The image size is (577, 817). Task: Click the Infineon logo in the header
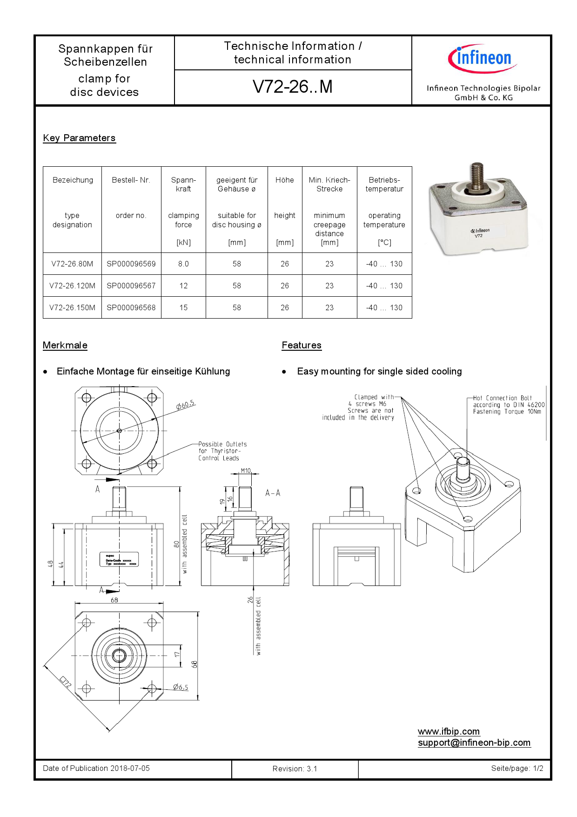pyautogui.click(x=483, y=59)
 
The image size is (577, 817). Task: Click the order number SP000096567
pyautogui.click(x=131, y=286)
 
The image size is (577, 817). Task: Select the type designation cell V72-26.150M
pyautogui.click(x=72, y=307)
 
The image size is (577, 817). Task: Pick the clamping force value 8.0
pyautogui.click(x=183, y=264)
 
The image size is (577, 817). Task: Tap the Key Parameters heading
pyautogui.click(x=79, y=138)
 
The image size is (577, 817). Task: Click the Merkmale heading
pyautogui.click(x=65, y=345)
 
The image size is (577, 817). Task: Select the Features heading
pyautogui.click(x=302, y=345)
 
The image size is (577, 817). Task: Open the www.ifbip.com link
pyautogui.click(x=449, y=731)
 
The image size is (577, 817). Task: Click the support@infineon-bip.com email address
pyautogui.click(x=474, y=742)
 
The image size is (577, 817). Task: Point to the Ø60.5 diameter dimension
pyautogui.click(x=185, y=405)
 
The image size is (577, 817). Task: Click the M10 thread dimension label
pyautogui.click(x=246, y=470)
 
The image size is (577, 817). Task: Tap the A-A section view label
pyautogui.click(x=273, y=493)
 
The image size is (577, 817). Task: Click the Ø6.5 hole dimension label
pyautogui.click(x=181, y=687)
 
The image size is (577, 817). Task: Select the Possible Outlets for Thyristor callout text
pyautogui.click(x=222, y=451)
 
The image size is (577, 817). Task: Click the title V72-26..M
pyautogui.click(x=293, y=87)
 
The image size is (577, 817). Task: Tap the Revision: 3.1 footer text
pyautogui.click(x=295, y=769)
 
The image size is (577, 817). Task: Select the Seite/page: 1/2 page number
pyautogui.click(x=517, y=768)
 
